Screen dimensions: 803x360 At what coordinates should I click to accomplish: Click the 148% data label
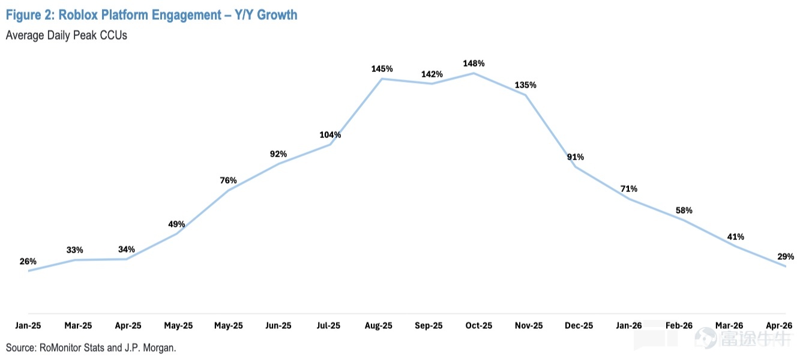474,64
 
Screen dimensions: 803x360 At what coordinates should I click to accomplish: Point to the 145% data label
382,68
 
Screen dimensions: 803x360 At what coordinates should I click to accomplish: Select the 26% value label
28,262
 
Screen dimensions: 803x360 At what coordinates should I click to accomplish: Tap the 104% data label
330,135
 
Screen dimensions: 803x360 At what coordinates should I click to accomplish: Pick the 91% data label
576,157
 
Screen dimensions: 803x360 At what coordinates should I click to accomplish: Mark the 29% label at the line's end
786,256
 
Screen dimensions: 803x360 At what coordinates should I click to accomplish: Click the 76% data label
228,181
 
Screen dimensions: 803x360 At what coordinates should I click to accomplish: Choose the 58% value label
684,211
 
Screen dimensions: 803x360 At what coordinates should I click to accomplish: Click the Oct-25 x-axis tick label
478,326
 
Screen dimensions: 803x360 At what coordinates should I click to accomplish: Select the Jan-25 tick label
28,326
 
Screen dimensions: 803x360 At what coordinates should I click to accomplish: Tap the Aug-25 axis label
379,326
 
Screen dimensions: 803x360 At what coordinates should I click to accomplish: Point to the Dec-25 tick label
579,326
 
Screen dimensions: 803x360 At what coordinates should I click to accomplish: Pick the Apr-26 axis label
779,326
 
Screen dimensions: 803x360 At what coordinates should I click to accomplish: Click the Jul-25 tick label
328,326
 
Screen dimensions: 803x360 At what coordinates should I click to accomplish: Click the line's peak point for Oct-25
474,73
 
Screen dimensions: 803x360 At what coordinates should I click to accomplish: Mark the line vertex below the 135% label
526,95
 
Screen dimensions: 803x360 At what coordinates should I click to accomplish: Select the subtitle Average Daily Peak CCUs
67,35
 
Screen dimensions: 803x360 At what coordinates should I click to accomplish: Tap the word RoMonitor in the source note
60,348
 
